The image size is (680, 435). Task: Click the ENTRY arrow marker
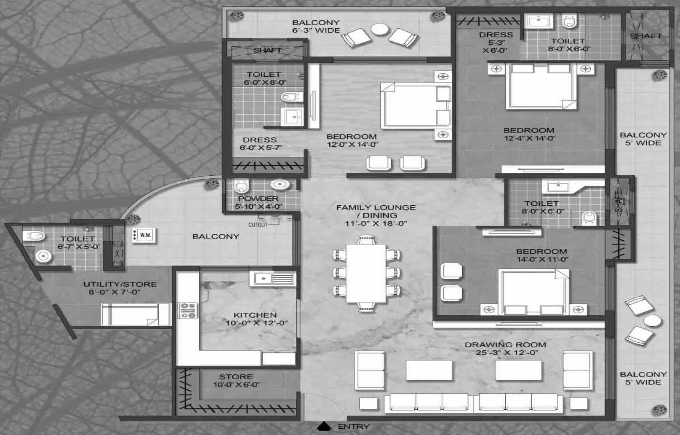(324, 426)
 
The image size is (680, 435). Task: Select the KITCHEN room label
(255, 315)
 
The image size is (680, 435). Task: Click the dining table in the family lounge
(366, 274)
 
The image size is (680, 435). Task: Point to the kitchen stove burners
(188, 310)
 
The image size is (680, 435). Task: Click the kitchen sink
(263, 278)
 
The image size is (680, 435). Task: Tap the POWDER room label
(258, 199)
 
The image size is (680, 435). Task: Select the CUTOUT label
(258, 225)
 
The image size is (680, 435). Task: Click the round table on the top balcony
(380, 29)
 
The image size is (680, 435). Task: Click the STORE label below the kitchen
(236, 376)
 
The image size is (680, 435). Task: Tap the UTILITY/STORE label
(120, 284)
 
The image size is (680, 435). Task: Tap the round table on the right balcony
(652, 321)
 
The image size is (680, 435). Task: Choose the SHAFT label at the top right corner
(646, 36)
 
